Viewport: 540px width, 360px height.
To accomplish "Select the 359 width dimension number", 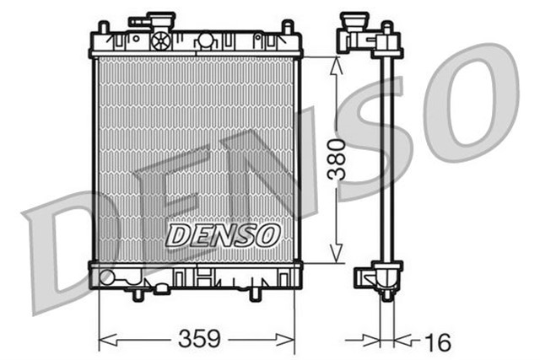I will click(x=199, y=339).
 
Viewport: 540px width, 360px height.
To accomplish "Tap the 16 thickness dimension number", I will click(x=436, y=341).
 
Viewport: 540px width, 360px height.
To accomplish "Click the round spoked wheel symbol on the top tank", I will click(x=160, y=40).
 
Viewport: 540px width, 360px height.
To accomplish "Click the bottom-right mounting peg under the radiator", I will click(x=256, y=293).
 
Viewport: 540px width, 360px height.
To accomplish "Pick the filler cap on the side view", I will click(x=354, y=19).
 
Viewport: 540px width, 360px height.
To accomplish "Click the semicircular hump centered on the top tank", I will click(x=205, y=40).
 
